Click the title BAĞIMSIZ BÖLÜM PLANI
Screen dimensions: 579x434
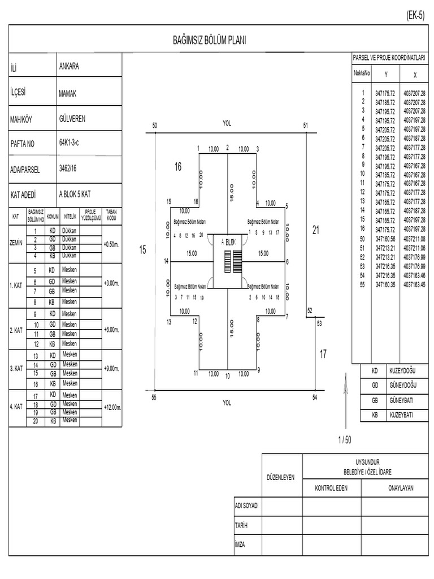209,41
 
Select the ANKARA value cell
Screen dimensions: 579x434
69,66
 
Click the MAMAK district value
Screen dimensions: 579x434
67,94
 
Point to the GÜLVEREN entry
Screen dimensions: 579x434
72,119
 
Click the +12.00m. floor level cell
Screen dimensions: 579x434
112,407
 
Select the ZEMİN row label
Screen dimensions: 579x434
17,243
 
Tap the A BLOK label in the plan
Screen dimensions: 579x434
228,241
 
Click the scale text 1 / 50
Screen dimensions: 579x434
345,439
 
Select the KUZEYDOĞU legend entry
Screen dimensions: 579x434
402,371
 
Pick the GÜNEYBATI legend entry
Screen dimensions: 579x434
402,400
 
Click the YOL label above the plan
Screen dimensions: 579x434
227,122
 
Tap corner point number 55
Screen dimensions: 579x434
154,397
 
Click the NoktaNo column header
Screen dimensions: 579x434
362,74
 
